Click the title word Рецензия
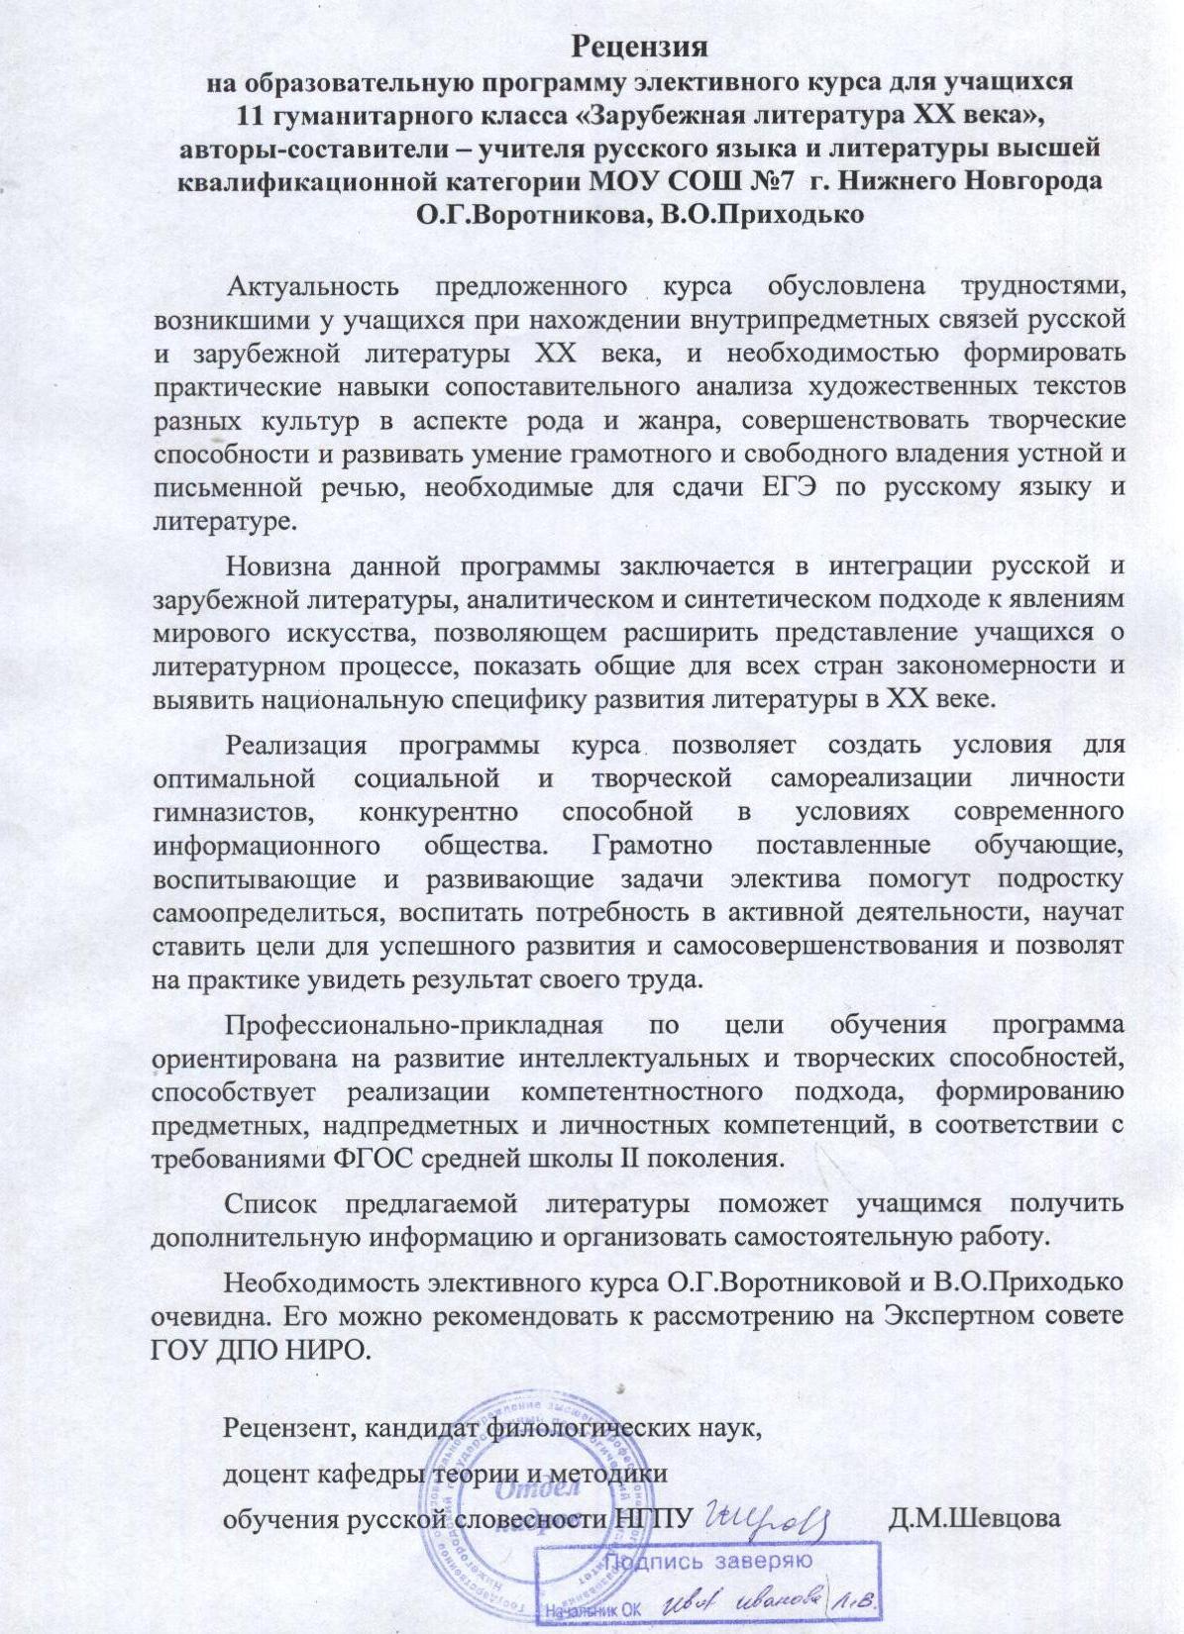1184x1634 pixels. click(643, 47)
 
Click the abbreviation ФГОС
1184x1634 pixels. click(388, 1159)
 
